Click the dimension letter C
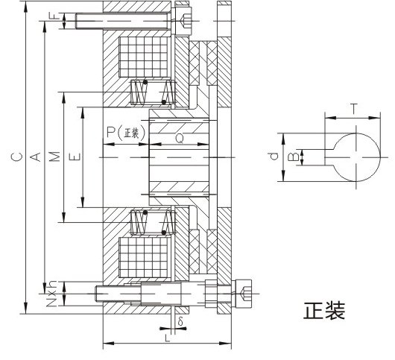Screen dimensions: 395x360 (x=17, y=157)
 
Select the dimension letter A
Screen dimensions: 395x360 (x=36, y=157)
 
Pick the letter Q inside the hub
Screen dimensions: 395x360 (x=180, y=138)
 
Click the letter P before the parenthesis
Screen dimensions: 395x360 (x=111, y=132)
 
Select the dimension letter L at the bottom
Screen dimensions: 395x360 (x=167, y=338)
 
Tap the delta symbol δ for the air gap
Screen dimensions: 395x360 (x=180, y=321)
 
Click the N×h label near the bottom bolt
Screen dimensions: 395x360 (x=52, y=294)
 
